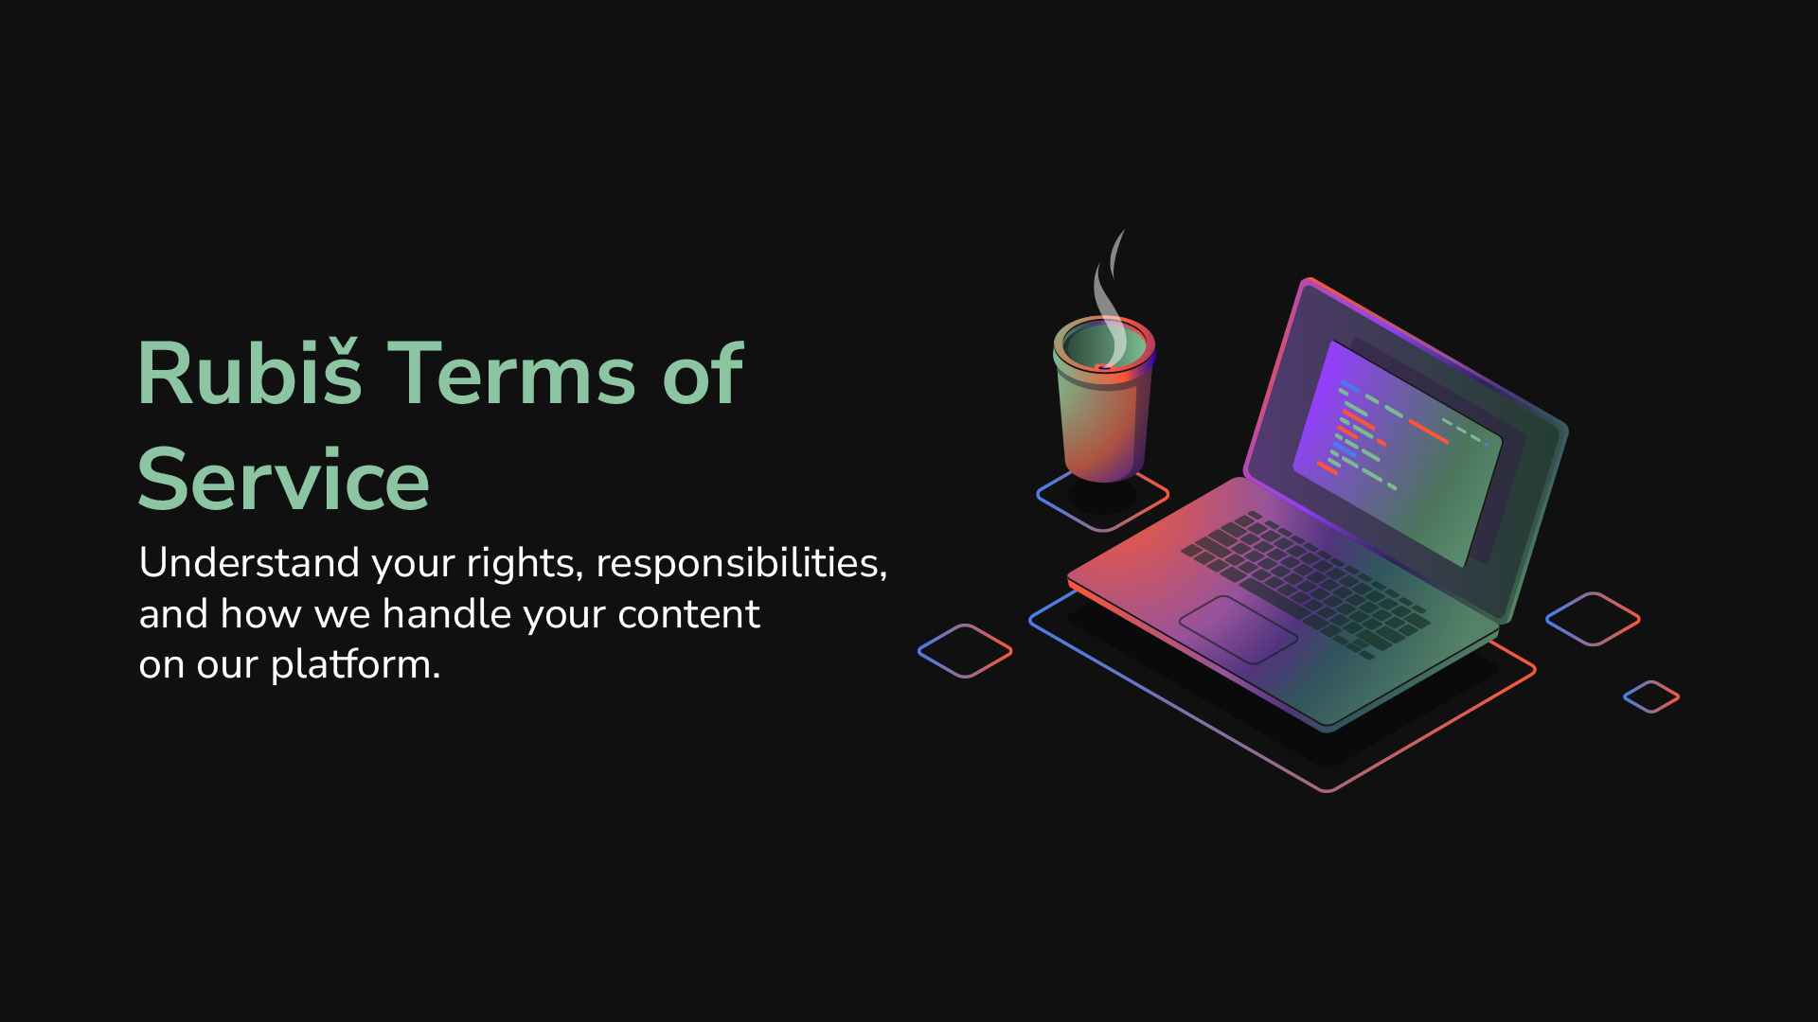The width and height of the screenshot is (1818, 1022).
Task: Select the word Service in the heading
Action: point(283,480)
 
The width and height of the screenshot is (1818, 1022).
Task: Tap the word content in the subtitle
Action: point(688,615)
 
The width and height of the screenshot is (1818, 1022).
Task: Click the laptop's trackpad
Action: point(1239,629)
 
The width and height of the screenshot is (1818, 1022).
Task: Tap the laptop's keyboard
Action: point(1306,584)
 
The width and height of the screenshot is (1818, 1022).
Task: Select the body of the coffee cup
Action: point(1103,426)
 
